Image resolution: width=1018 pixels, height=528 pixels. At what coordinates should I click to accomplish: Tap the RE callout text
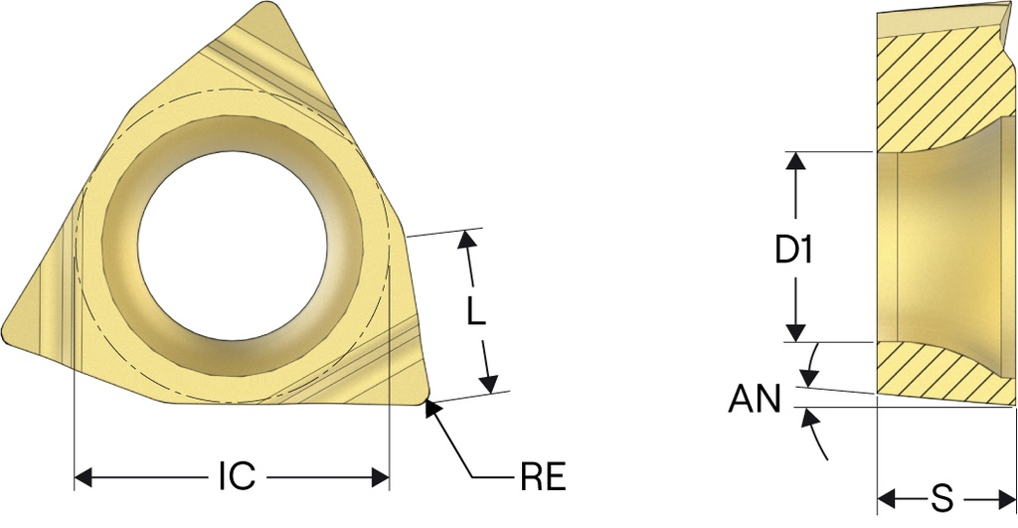click(x=544, y=477)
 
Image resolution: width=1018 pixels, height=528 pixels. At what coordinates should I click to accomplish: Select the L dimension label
click(x=476, y=311)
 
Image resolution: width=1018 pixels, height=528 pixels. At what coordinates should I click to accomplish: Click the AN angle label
click(x=754, y=398)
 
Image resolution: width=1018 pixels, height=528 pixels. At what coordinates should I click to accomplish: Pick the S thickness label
click(x=941, y=500)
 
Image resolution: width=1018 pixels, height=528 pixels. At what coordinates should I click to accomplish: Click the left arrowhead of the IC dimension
click(x=84, y=478)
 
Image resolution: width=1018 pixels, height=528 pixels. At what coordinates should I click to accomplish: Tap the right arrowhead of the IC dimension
click(x=380, y=478)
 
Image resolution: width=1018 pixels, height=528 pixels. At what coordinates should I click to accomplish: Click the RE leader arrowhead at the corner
click(x=431, y=408)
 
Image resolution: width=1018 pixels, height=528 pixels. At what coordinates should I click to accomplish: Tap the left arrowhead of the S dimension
click(x=886, y=500)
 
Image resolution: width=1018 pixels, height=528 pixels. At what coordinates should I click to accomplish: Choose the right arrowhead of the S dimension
click(x=1007, y=500)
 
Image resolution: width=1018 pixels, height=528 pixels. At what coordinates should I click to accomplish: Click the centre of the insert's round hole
click(x=232, y=248)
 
